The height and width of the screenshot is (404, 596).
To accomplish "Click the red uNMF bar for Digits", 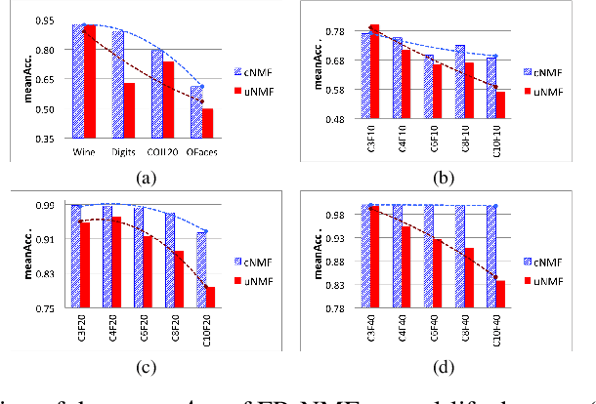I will click(x=129, y=110).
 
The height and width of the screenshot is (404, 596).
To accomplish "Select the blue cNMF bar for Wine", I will click(x=78, y=81).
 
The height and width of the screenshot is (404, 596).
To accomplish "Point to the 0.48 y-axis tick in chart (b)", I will click(x=344, y=120).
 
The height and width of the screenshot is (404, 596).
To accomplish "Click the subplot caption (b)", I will click(x=445, y=178).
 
